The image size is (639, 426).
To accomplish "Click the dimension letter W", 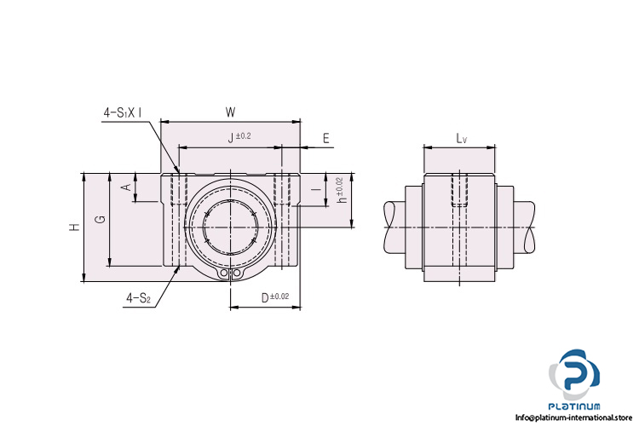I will (x=230, y=112).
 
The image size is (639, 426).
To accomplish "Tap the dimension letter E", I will (x=326, y=136).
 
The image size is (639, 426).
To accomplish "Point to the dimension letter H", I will (x=75, y=227).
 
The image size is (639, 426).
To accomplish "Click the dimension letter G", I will (x=100, y=220).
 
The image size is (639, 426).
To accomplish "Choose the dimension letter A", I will (x=125, y=187).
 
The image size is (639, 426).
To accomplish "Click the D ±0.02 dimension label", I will (x=274, y=296).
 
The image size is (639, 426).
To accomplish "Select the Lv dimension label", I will (x=461, y=136).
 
